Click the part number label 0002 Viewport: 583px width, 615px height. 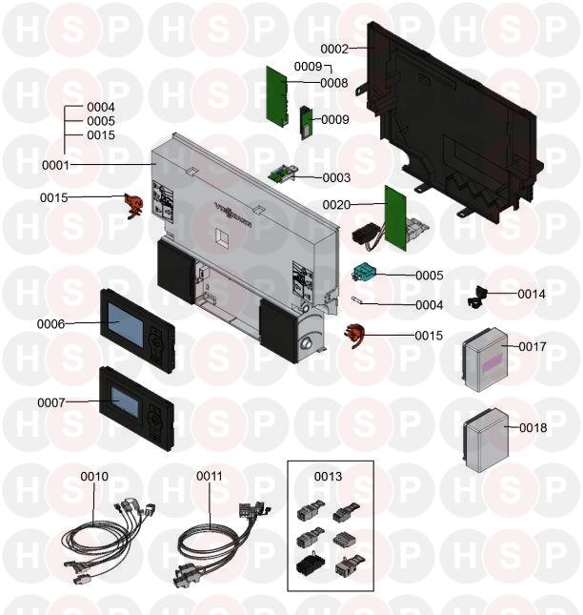click(333, 48)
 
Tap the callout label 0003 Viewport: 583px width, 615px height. click(336, 178)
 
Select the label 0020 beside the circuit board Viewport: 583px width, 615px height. click(336, 205)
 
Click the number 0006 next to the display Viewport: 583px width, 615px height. click(50, 324)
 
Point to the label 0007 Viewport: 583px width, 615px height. click(50, 402)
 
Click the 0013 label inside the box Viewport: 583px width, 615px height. click(329, 476)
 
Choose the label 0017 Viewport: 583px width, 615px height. click(533, 347)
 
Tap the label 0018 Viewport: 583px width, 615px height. click(533, 428)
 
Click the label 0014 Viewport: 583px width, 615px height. click(532, 295)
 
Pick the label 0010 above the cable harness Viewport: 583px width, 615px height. click(94, 476)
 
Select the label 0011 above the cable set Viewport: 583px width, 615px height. click(210, 476)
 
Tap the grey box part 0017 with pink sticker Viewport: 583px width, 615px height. click(487, 360)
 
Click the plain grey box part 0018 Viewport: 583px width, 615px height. click(487, 442)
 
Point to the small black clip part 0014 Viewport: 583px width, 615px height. click(476, 297)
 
